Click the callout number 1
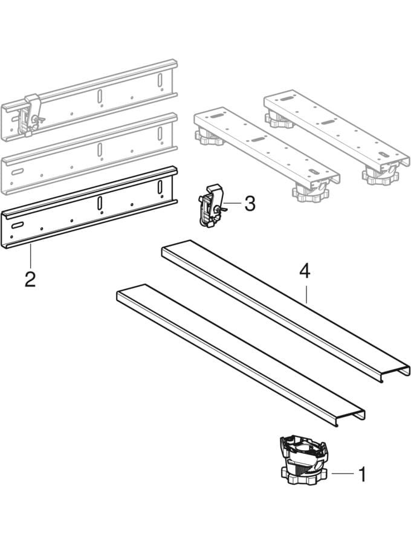coord(362,474)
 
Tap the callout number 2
coord(30,279)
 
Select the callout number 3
coord(250,203)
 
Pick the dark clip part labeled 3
coord(210,207)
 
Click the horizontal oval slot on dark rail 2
coord(17,225)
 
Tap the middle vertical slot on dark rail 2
coord(100,203)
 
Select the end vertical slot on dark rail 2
coord(160,187)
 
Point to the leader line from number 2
coord(30,257)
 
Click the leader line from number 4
coord(306,292)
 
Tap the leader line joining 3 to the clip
coord(234,202)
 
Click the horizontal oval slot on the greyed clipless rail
coord(17,172)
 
